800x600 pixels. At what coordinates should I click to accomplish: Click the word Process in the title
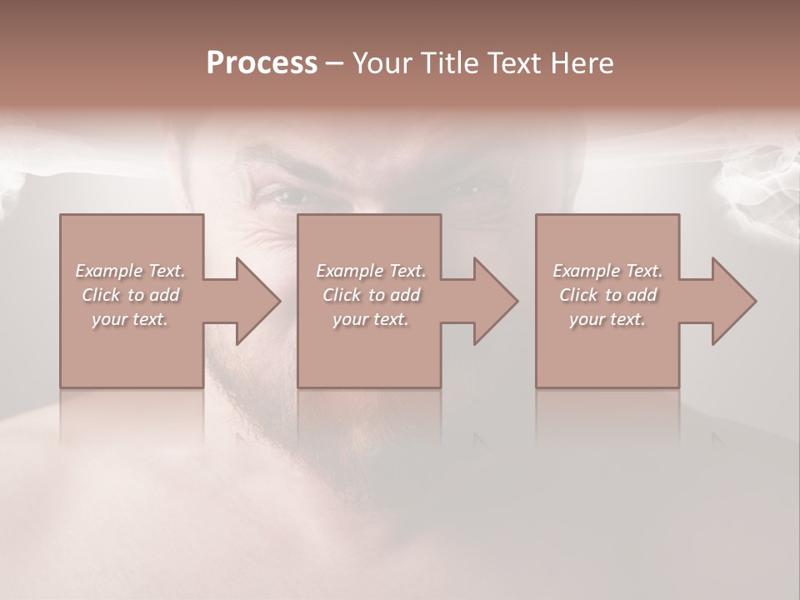coord(262,63)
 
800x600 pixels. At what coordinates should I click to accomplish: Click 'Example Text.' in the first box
coord(130,271)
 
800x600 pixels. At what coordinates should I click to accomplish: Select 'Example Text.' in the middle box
coord(370,271)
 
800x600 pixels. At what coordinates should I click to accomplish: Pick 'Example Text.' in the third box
coord(607,271)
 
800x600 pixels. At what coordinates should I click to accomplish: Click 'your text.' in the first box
coord(130,319)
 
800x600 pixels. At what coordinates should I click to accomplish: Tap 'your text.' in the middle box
coord(370,319)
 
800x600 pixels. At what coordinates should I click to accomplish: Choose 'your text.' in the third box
coord(607,319)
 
